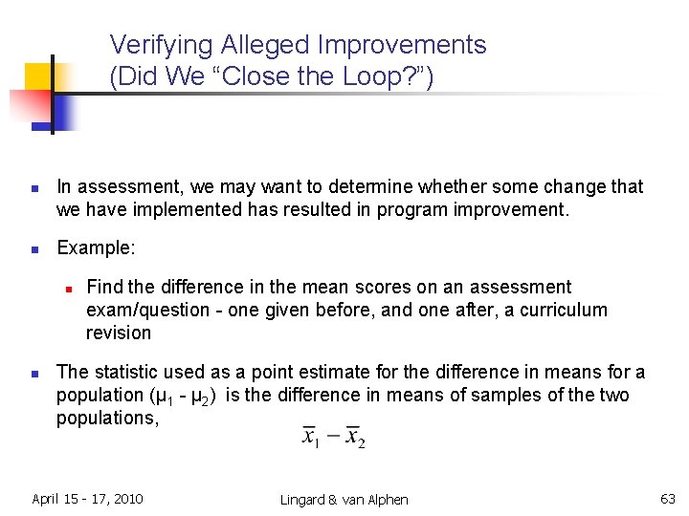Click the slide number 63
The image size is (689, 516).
point(667,498)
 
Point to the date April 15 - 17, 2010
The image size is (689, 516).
point(87,498)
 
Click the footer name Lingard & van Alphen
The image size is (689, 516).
point(344,499)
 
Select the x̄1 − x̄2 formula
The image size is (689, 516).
point(333,437)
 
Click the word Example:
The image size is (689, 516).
point(96,247)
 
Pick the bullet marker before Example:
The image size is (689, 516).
point(33,248)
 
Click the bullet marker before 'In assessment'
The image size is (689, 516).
point(33,187)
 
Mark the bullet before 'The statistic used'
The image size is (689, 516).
point(33,373)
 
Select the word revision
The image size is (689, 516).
point(119,333)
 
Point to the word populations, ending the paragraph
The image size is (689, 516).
point(107,419)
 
